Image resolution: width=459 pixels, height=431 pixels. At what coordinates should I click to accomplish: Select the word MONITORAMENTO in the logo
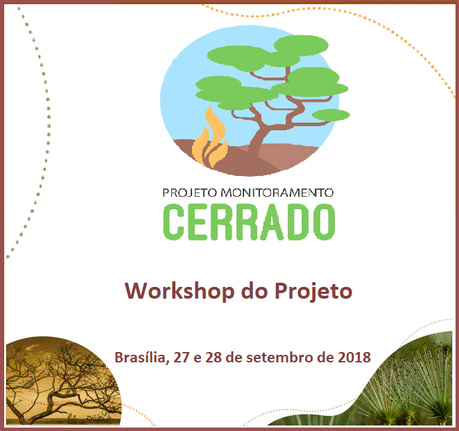pyautogui.click(x=277, y=193)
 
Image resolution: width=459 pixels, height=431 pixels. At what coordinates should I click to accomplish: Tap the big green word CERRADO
pyautogui.click(x=249, y=222)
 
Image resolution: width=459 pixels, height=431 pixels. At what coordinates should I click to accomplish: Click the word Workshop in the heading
pyautogui.click(x=180, y=292)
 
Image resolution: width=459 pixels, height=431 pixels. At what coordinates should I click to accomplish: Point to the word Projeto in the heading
pyautogui.click(x=313, y=292)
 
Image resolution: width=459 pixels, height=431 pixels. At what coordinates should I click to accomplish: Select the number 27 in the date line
pyautogui.click(x=181, y=358)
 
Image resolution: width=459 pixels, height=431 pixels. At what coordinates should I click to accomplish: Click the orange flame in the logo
pyautogui.click(x=210, y=139)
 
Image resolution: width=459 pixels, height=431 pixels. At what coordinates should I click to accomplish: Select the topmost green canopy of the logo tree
pyautogui.click(x=301, y=45)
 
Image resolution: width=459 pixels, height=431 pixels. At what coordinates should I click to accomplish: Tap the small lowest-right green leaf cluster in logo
pyautogui.click(x=331, y=115)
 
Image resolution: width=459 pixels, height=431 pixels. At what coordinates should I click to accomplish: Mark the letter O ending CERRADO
pyautogui.click(x=324, y=222)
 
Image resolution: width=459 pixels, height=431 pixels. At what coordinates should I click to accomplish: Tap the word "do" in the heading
pyautogui.click(x=254, y=292)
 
